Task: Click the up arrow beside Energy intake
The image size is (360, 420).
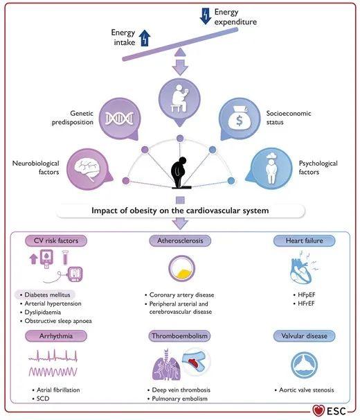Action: pos(145,37)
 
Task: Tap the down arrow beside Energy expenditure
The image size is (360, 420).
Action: pos(206,16)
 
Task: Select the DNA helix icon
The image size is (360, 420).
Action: pos(119,118)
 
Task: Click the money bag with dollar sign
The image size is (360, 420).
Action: pos(240,118)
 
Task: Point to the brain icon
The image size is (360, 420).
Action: pos(87,169)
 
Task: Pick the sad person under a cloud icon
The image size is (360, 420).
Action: pos(271,168)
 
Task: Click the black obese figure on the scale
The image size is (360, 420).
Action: pos(179,172)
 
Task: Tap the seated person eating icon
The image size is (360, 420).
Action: pos(180,98)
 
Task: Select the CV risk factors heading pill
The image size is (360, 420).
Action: pos(56,240)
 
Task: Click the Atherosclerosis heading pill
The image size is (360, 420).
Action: pos(180,240)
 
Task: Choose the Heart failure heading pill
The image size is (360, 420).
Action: pos(304,240)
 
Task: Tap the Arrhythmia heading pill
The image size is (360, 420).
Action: pos(56,336)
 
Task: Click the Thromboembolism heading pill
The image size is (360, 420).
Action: pos(179,336)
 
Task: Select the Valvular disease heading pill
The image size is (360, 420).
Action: pos(304,336)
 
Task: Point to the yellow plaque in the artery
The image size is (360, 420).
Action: pos(182,274)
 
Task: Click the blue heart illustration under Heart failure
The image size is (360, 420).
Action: pos(301,268)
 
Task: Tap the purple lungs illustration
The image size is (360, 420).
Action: pos(166,365)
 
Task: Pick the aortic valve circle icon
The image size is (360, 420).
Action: pos(304,365)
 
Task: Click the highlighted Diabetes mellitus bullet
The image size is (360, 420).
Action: pos(45,295)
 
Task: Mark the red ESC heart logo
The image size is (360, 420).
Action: pos(318,410)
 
